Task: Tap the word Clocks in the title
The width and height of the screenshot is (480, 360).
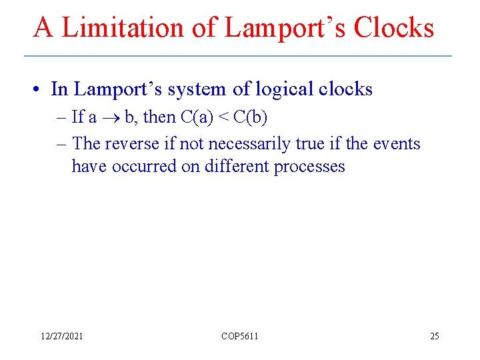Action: pos(393,27)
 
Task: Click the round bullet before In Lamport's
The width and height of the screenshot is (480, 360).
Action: pos(40,90)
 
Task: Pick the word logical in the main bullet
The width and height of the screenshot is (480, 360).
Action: pos(281,89)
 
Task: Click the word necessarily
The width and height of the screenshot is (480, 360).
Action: pos(249,143)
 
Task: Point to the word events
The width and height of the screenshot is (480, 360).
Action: pos(398,143)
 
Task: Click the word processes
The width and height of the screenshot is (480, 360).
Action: pos(309,166)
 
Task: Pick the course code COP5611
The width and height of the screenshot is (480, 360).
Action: pos(239,337)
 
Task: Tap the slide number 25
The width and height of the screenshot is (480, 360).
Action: pos(434,337)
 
